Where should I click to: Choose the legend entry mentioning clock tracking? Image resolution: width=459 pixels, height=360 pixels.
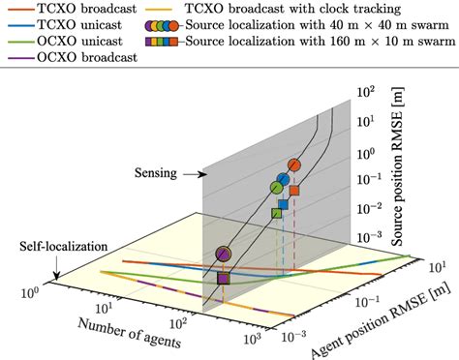(279, 10)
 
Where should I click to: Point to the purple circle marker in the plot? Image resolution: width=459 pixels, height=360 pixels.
(225, 255)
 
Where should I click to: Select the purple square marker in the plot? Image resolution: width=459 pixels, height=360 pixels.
(224, 279)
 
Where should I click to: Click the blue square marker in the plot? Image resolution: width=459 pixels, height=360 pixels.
(283, 203)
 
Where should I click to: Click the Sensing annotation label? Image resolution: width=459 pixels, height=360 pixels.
(155, 176)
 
